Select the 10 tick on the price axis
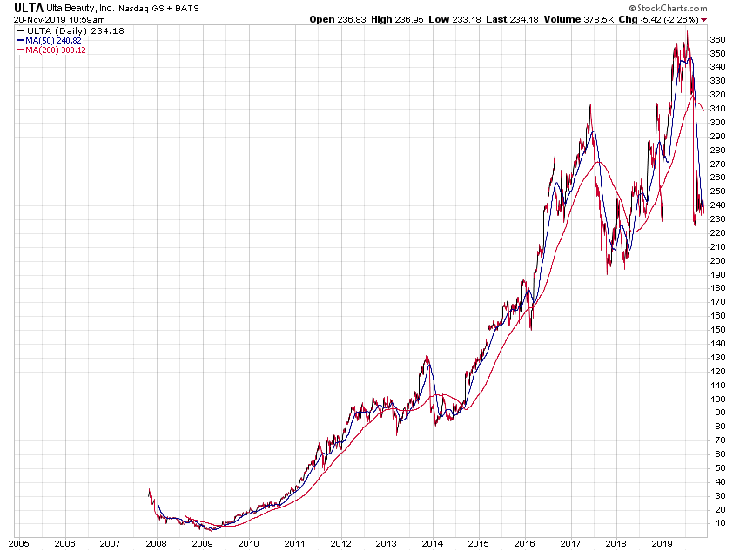[718, 523]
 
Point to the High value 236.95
[413, 18]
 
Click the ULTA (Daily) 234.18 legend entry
[59, 30]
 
